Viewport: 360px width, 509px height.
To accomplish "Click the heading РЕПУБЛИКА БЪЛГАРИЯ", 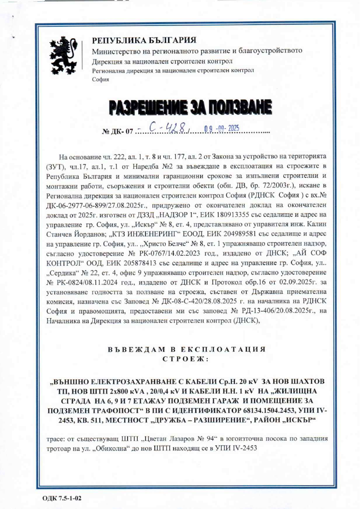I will (144, 41).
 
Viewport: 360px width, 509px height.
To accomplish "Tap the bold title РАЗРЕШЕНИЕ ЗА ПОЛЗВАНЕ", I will (190, 108).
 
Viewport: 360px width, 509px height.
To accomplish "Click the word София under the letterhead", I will (100, 79).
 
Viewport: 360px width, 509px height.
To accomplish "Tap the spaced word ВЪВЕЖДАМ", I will (134, 350).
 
